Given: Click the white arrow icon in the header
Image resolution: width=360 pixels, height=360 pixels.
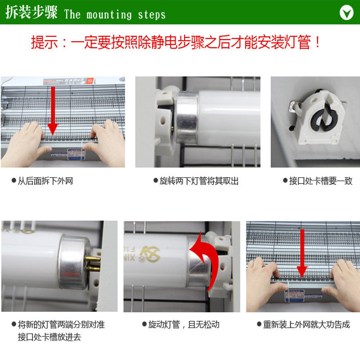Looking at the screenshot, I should (x=346, y=12).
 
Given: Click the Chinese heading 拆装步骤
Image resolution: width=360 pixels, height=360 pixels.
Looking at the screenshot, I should (x=31, y=13).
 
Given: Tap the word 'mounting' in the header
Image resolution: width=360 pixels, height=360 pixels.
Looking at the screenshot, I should (x=106, y=14).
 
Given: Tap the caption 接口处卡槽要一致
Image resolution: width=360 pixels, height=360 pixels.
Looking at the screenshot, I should (x=320, y=181).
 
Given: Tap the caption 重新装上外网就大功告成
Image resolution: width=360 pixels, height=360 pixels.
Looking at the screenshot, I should (x=306, y=324).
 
